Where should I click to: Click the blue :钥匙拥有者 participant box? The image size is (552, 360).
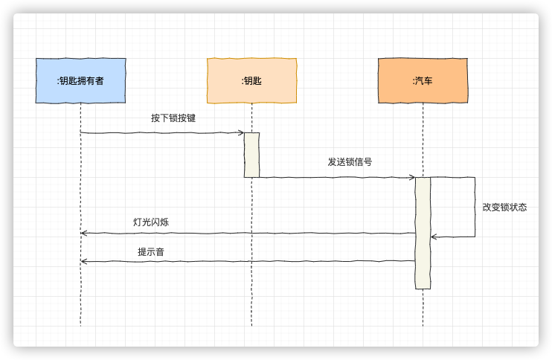point(80,80)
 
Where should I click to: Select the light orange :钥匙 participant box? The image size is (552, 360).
point(251,80)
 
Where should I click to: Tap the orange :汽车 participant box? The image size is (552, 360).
point(423,80)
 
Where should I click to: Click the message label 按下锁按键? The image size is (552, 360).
point(173,118)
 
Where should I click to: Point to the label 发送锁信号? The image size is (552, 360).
point(350,162)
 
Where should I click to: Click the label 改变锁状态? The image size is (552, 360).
point(504,208)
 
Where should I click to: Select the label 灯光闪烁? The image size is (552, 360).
point(155,222)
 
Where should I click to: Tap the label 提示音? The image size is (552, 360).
point(151,252)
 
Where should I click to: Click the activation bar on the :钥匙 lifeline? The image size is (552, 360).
point(251,155)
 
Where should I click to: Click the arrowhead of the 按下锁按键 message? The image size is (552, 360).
point(242,133)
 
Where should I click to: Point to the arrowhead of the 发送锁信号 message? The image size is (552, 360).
point(412,178)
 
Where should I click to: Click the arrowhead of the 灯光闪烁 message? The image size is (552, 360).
point(83,234)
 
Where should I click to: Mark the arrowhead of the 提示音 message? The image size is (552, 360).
point(83,261)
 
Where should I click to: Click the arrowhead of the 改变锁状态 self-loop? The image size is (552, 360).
point(433,237)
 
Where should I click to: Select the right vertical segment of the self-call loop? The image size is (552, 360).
point(475,207)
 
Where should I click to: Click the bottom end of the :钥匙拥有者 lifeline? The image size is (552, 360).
point(80,324)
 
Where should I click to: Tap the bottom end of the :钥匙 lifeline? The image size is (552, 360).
point(251,324)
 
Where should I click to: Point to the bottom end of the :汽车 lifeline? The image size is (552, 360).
point(423,324)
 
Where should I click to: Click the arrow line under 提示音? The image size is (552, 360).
point(245,261)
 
